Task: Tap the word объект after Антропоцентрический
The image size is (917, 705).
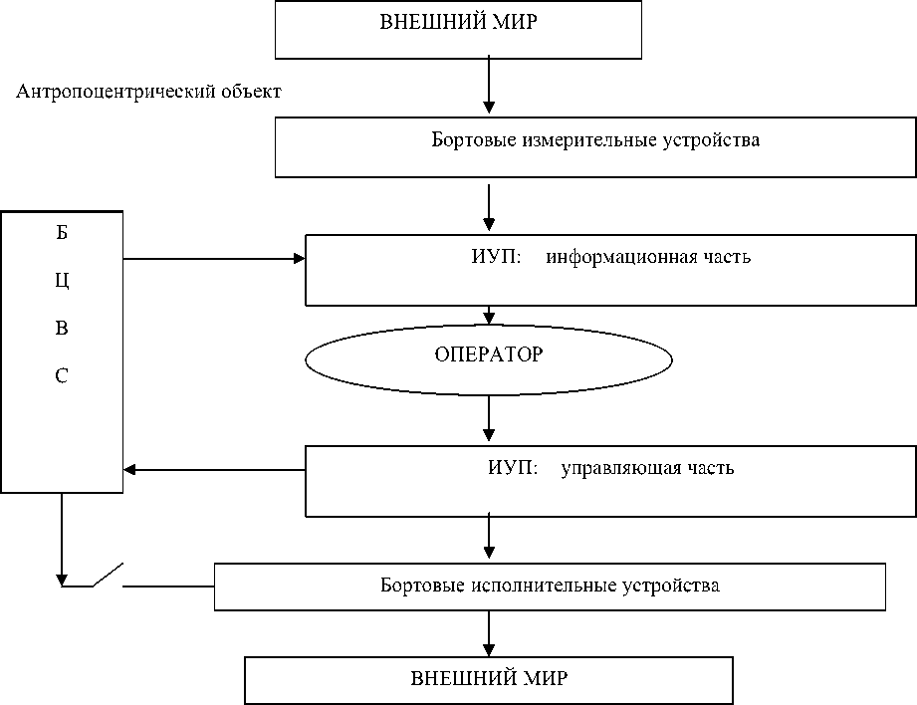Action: click(x=250, y=93)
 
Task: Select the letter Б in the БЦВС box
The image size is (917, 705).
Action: click(x=62, y=235)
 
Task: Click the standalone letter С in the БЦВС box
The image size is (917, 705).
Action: click(x=62, y=376)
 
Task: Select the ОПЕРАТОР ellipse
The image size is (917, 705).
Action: click(x=488, y=355)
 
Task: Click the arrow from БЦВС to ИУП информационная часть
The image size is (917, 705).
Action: click(x=214, y=259)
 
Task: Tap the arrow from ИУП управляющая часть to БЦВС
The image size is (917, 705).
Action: click(x=214, y=469)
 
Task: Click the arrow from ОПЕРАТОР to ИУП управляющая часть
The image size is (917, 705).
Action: click(x=488, y=417)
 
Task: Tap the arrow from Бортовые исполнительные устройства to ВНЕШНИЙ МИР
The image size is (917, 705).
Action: click(x=488, y=632)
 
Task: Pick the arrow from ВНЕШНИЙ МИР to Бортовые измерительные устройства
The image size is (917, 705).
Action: click(x=488, y=85)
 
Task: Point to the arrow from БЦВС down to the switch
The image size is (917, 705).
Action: click(x=62, y=538)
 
